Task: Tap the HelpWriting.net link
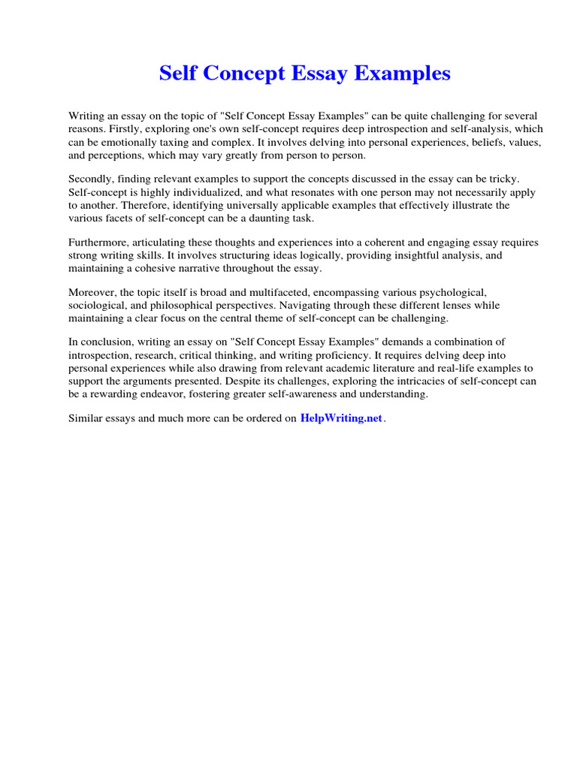click(x=341, y=418)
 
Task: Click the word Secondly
click(x=92, y=179)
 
